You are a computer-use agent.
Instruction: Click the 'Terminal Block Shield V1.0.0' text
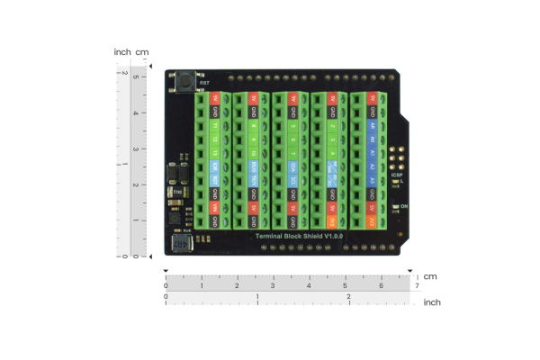point(298,235)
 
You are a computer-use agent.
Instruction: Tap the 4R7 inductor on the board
point(179,244)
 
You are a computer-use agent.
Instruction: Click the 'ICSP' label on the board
point(397,176)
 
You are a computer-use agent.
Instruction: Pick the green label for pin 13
point(215,154)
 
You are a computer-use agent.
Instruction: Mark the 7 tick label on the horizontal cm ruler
point(417,287)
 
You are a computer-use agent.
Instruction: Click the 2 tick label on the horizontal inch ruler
point(348,296)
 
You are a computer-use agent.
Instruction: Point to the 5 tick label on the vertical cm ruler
point(135,76)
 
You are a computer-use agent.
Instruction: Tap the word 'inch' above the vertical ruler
point(122,51)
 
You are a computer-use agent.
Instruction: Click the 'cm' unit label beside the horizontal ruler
point(430,276)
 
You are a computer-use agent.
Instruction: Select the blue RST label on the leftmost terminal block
point(215,180)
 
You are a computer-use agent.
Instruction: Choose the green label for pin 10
point(255,154)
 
